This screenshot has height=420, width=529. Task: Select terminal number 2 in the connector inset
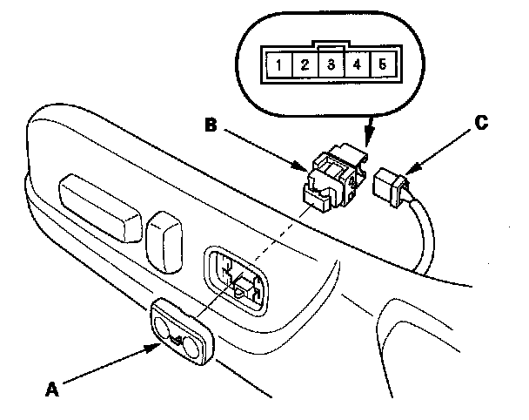tap(305, 64)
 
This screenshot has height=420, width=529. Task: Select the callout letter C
tap(481, 124)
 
